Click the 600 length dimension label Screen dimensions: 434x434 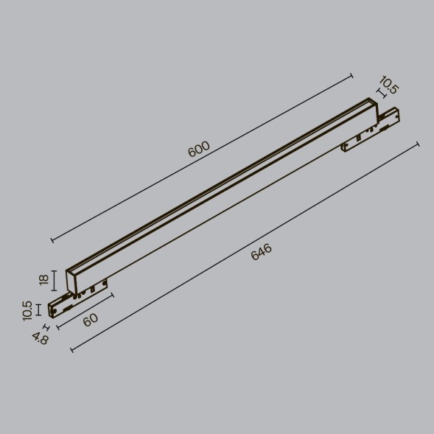[x=199, y=149]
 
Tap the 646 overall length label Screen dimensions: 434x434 [x=262, y=252]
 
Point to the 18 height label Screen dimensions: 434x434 [x=43, y=280]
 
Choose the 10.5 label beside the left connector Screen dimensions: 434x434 [x=28, y=310]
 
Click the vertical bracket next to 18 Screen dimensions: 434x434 [x=56, y=281]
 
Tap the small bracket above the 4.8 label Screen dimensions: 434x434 [x=46, y=326]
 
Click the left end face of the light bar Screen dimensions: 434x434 [x=71, y=281]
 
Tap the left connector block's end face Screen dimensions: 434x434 [x=53, y=309]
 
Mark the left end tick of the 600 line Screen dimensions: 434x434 [x=52, y=239]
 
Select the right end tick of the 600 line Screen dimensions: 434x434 [x=351, y=74]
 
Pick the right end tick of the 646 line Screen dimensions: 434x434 [x=418, y=144]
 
